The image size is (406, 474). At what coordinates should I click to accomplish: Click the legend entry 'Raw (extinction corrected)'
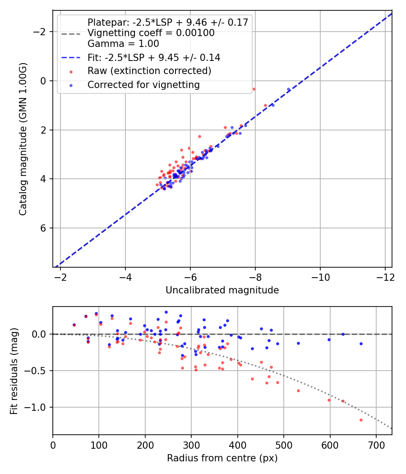149,71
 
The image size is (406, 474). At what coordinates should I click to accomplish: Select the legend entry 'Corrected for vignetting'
143,84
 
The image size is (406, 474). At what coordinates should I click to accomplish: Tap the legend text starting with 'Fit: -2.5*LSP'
154,58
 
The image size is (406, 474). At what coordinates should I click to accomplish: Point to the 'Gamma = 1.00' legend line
123,44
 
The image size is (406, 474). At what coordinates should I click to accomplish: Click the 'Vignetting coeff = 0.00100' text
151,33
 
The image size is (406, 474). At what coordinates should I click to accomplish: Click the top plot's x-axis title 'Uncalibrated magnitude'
222,290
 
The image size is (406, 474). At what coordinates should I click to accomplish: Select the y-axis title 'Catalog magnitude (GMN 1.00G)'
23,139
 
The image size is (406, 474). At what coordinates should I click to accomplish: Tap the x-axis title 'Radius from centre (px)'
222,458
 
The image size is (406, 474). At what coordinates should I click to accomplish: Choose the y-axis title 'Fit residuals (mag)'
14,371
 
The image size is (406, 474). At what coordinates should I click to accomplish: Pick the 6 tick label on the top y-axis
44,228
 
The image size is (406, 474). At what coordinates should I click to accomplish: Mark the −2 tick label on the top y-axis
41,32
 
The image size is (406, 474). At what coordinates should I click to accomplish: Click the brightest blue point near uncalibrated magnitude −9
288,89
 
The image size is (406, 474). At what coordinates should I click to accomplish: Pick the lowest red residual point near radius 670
361,420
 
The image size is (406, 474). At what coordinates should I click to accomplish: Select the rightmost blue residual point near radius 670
361,344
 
